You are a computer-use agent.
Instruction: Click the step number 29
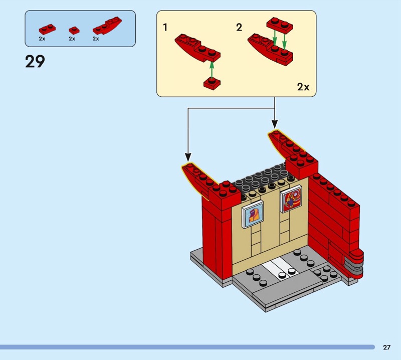35,61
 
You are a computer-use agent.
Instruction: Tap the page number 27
386,347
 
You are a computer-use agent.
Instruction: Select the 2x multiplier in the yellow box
303,87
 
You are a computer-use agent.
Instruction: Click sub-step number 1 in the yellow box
165,28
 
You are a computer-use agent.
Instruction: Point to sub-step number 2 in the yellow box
239,28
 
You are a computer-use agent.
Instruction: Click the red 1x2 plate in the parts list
47,29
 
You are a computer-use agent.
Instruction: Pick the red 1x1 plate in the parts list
74,31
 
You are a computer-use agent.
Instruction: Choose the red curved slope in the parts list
107,26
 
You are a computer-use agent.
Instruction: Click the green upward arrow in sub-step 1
212,70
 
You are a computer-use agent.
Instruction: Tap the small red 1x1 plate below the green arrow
212,84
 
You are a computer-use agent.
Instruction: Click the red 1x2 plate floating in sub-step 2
280,26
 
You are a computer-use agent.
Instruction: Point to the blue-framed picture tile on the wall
253,214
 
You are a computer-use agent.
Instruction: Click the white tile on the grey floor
279,269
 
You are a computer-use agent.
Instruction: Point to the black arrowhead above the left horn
188,157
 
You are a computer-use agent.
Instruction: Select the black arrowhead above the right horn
275,124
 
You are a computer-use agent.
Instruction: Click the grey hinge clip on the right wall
354,267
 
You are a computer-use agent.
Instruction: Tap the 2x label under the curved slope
96,39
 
